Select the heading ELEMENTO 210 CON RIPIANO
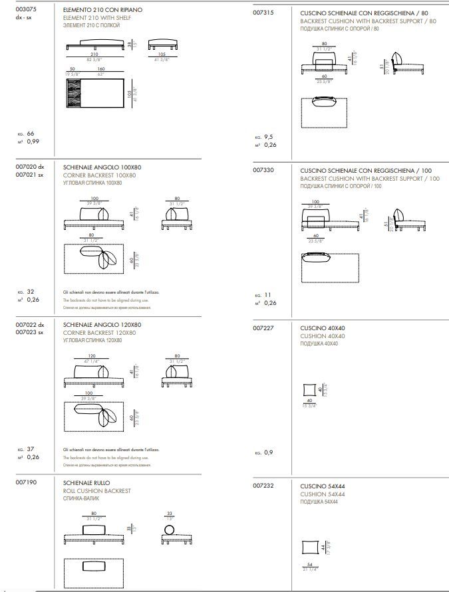(102, 11)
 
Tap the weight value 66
(30, 134)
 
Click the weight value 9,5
(269, 137)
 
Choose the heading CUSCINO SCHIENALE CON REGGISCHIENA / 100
(369, 171)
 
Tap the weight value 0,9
(269, 452)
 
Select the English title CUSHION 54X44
(322, 494)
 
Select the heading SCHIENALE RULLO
(86, 483)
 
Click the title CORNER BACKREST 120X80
(99, 332)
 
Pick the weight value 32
(30, 291)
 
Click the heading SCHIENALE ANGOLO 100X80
(102, 167)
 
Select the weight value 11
(268, 295)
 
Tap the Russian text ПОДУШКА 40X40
(319, 344)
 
